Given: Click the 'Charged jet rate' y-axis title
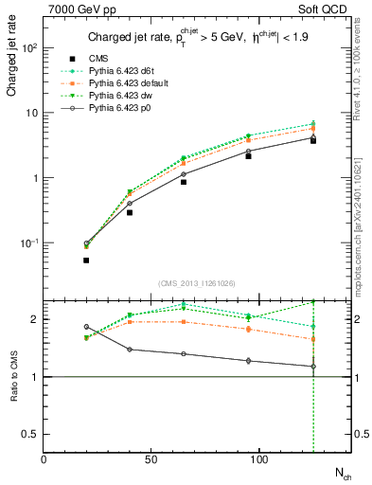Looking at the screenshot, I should coord(12,63).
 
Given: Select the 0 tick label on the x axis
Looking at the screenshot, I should coord(44,459).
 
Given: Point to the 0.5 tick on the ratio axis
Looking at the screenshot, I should coord(31,434).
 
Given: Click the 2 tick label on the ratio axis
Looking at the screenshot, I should coord(35,319).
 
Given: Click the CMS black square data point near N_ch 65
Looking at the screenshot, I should coord(184,181).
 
